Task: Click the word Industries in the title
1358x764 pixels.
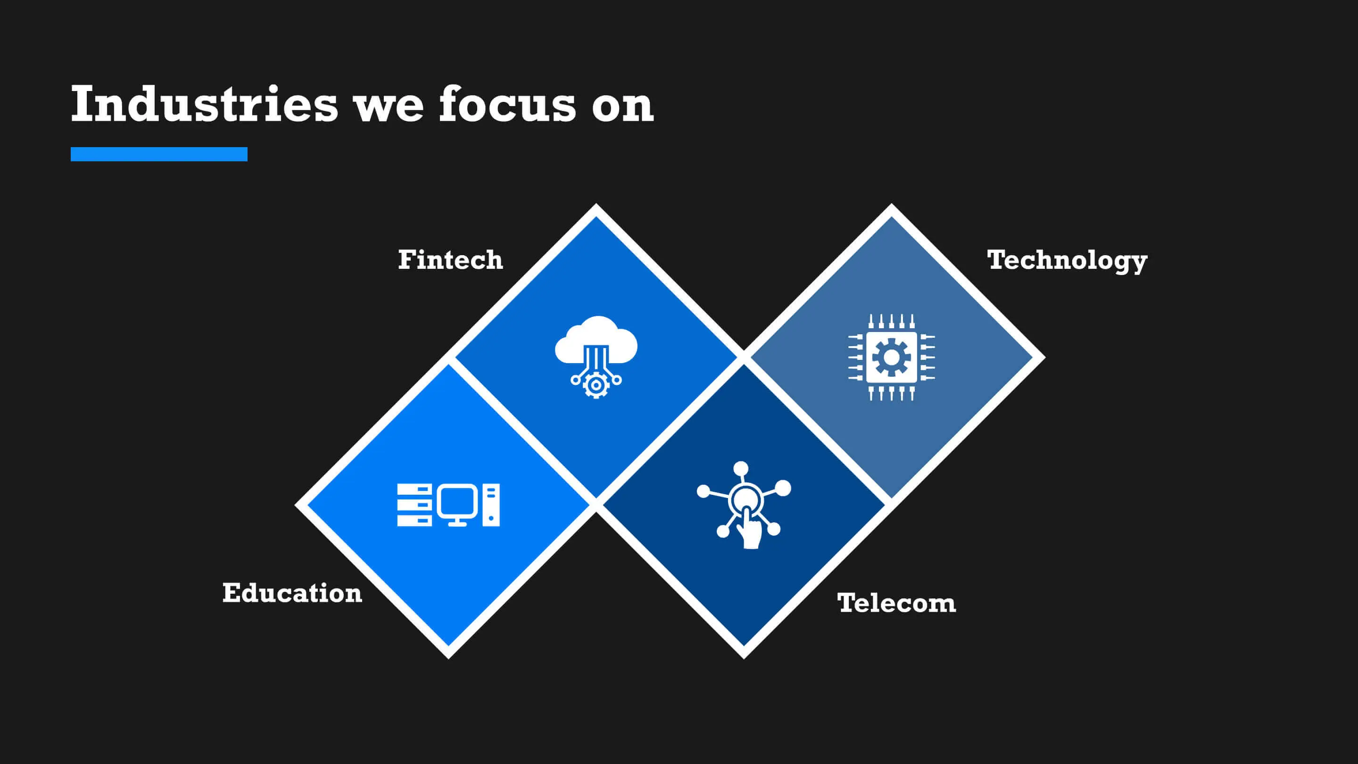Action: pos(204,104)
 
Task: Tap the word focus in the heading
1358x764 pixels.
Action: pos(508,104)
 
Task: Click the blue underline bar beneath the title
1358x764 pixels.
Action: pos(159,154)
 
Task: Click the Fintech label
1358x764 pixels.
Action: pos(450,260)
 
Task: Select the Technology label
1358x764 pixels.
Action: pos(1067,261)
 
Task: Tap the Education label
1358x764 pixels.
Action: pos(292,593)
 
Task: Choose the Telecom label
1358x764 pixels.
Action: pos(896,603)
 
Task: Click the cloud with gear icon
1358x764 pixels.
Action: pos(596,357)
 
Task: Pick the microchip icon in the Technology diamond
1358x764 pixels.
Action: pos(891,357)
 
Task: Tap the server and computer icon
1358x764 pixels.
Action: pos(448,505)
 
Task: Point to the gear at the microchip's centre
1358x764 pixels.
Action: pos(891,357)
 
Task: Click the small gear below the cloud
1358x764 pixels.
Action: pos(596,385)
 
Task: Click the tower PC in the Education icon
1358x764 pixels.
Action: pos(491,505)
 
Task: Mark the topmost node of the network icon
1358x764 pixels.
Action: pos(741,468)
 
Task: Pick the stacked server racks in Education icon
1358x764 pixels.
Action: pos(414,505)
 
